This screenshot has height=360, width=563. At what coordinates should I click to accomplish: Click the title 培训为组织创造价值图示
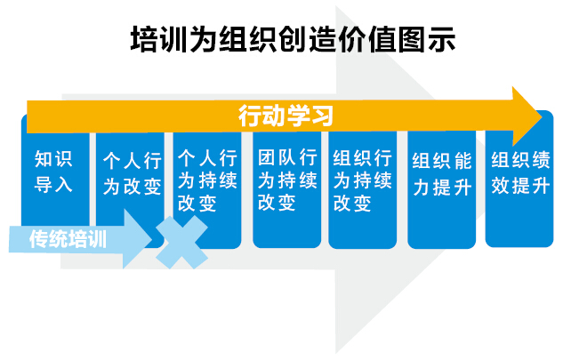293,39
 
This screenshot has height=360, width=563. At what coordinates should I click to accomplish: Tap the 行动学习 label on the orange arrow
286,116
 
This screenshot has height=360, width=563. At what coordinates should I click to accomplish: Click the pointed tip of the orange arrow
542,116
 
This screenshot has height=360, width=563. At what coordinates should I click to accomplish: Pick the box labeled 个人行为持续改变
207,189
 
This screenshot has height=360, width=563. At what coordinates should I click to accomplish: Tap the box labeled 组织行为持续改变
363,189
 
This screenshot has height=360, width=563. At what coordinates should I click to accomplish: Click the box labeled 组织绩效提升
519,180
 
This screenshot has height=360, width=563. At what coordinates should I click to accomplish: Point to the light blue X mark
181,243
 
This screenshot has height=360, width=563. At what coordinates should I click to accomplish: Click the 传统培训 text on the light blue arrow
68,239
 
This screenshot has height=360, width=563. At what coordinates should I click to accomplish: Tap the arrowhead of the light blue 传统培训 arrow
138,239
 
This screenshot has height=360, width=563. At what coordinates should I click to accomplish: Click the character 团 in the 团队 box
266,157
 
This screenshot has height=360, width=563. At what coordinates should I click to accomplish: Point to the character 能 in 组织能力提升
463,161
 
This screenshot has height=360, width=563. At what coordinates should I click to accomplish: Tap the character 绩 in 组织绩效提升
542,159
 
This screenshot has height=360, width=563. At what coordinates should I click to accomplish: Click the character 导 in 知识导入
43,185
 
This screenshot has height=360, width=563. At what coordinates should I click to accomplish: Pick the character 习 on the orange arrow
322,116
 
